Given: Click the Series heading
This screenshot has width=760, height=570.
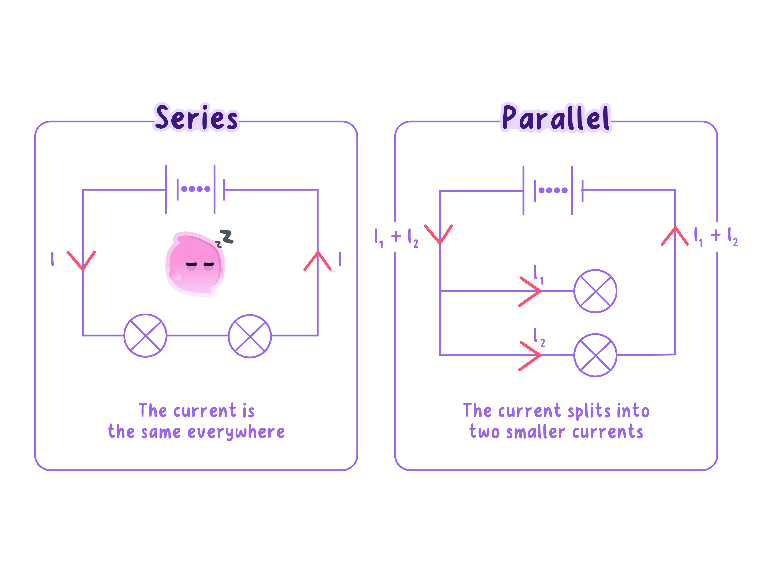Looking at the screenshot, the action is [x=196, y=118].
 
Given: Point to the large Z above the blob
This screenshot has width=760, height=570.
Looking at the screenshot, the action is [x=227, y=237].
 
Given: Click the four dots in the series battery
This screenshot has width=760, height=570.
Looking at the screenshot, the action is [x=196, y=189].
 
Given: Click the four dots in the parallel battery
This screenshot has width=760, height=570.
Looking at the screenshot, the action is [x=553, y=190].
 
